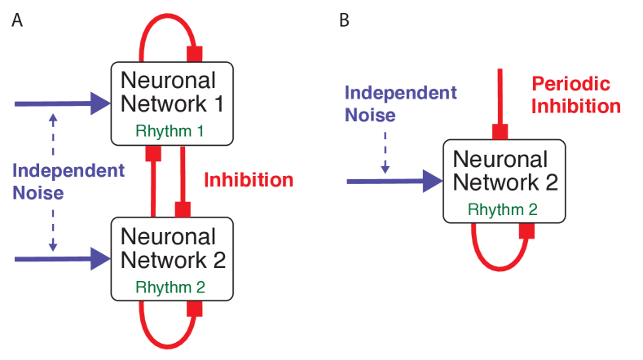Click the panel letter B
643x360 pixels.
(344, 20)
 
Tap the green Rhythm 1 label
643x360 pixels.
(172, 131)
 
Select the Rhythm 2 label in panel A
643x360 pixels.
(172, 287)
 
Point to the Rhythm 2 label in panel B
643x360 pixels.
(504, 209)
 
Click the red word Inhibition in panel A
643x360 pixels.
(248, 179)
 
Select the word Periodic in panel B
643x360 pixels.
(570, 84)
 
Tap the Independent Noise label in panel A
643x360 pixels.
(68, 182)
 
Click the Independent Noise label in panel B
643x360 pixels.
(400, 103)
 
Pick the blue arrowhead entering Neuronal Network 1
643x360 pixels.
(101, 103)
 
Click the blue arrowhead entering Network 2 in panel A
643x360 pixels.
(101, 259)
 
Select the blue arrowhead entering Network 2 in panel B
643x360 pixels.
(433, 180)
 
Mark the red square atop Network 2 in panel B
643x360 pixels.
(500, 132)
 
